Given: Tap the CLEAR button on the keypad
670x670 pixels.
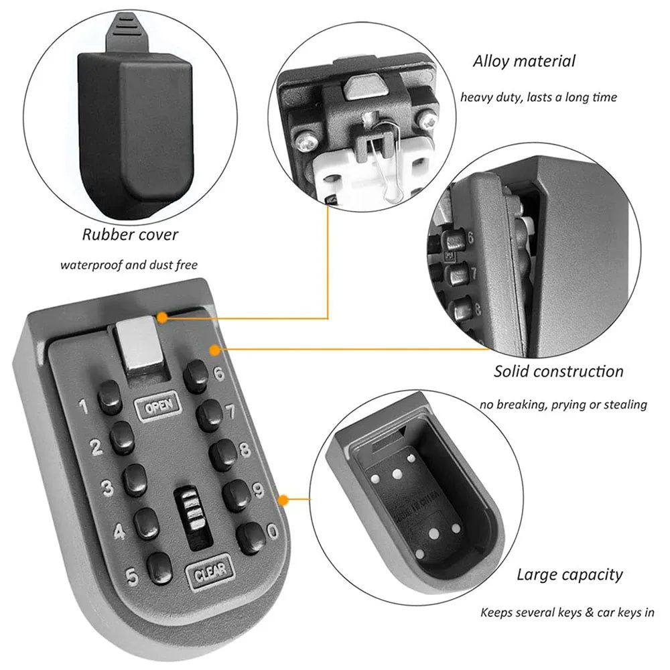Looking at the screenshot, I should click(x=210, y=572).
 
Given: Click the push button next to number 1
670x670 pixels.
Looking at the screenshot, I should click(x=110, y=399).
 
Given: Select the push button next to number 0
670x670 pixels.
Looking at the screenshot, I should click(x=251, y=537).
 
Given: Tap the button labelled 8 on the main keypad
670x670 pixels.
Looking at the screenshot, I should click(x=223, y=455).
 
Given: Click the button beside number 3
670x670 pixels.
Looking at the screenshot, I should click(x=135, y=480).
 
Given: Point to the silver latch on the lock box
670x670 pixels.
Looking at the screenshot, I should click(x=140, y=346).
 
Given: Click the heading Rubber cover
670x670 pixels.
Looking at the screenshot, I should click(x=130, y=234).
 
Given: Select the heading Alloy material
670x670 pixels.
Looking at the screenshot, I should click(x=524, y=62).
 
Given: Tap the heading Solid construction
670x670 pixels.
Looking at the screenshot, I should click(x=559, y=371).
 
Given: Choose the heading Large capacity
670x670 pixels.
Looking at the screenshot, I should click(x=569, y=575).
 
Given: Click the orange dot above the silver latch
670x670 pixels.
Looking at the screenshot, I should click(x=161, y=318).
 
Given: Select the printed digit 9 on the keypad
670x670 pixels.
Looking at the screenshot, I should click(x=259, y=490).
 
